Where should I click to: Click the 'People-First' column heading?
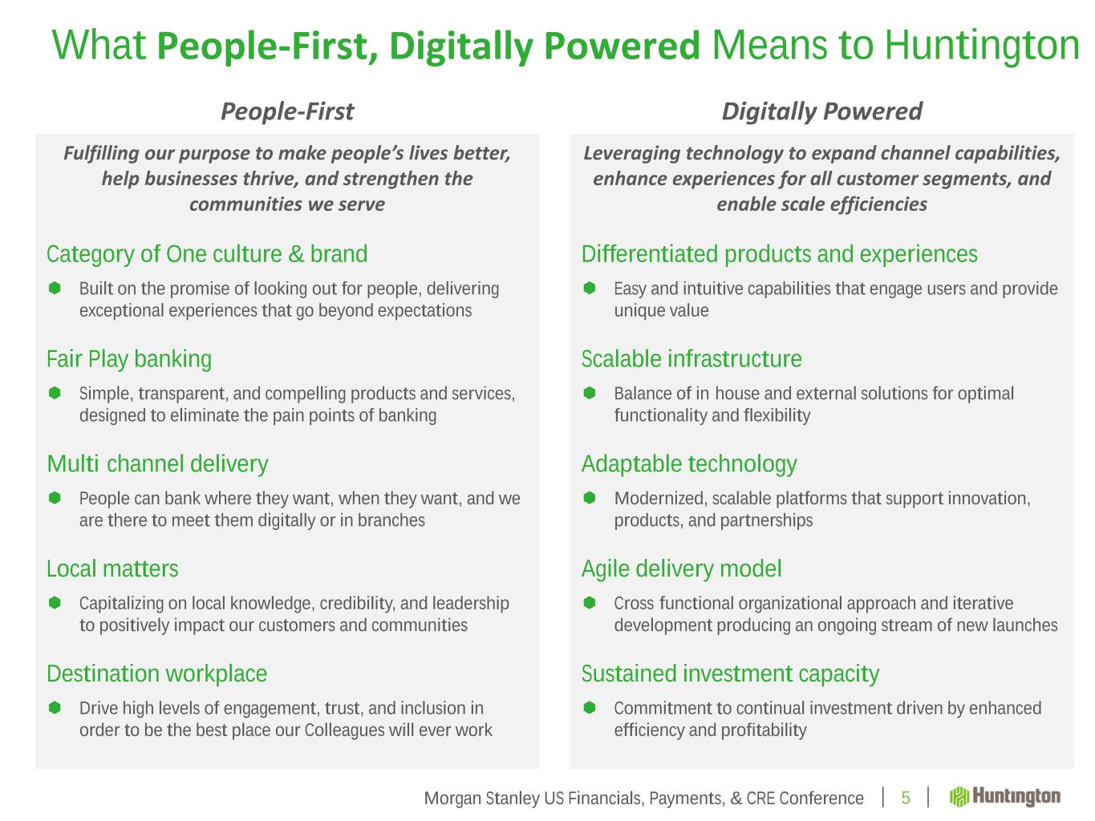[x=287, y=111]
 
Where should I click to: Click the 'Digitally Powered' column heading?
[x=821, y=111]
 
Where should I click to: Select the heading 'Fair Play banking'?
[x=129, y=359]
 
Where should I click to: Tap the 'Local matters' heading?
[x=112, y=568]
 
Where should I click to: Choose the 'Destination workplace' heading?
[x=156, y=674]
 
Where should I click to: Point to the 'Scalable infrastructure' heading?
[x=691, y=359]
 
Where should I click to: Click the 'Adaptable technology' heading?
[x=689, y=464]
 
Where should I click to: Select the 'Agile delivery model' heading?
[x=681, y=569]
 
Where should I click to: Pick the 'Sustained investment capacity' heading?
[x=730, y=674]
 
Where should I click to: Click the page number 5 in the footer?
[x=906, y=798]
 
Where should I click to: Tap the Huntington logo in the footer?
[x=1004, y=797]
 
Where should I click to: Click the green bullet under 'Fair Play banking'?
[x=55, y=394]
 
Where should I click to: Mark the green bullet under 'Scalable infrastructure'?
[x=589, y=394]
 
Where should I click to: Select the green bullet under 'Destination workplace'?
[x=55, y=708]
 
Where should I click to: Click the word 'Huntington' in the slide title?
[x=982, y=46]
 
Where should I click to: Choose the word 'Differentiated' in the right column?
[x=650, y=254]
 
